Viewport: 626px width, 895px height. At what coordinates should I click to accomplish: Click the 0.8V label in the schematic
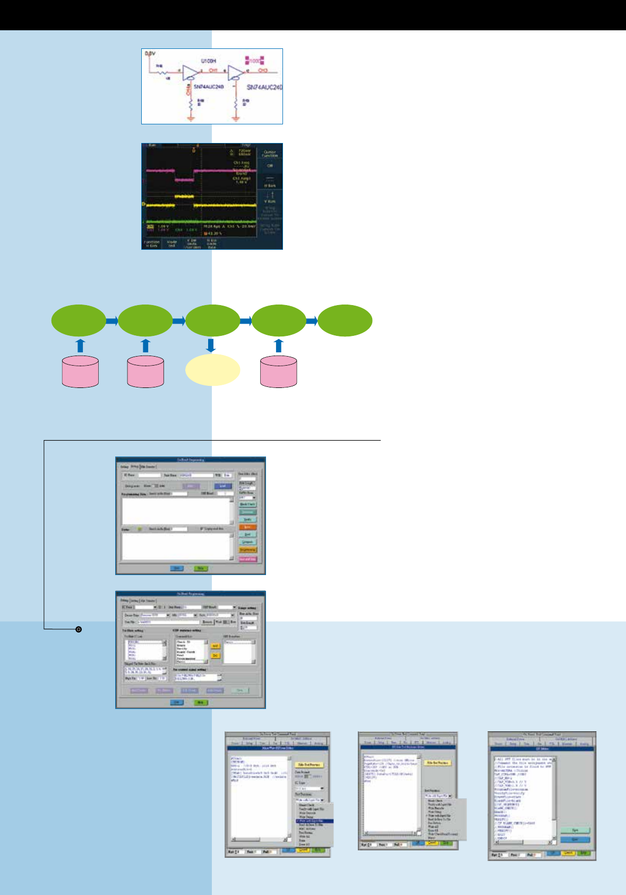(x=150, y=54)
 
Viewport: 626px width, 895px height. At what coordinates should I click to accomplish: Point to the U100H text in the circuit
(x=208, y=61)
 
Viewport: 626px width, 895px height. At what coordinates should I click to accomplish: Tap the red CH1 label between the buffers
(x=213, y=70)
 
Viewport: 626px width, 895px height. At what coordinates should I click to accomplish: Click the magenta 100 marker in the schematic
(x=255, y=61)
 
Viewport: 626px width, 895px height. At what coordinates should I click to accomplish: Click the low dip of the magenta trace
(x=184, y=180)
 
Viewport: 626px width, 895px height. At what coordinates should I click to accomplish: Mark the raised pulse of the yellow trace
(x=184, y=197)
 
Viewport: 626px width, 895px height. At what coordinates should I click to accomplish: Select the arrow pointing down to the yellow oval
(x=211, y=345)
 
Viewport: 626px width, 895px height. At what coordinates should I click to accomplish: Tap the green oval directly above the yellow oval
(x=212, y=320)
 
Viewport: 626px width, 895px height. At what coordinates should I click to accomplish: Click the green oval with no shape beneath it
(x=345, y=320)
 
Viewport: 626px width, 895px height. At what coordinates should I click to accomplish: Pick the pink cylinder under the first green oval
(x=80, y=371)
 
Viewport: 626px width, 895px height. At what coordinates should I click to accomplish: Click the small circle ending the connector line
(x=79, y=629)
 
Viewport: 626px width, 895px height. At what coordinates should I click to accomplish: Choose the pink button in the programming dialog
(x=247, y=559)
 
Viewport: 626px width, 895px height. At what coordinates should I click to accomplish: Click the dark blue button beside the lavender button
(x=222, y=486)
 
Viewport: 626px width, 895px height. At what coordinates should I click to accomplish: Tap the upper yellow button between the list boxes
(x=215, y=646)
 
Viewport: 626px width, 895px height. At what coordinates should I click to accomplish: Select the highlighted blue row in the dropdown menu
(x=315, y=821)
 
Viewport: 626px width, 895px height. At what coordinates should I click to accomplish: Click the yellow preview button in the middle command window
(x=438, y=763)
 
